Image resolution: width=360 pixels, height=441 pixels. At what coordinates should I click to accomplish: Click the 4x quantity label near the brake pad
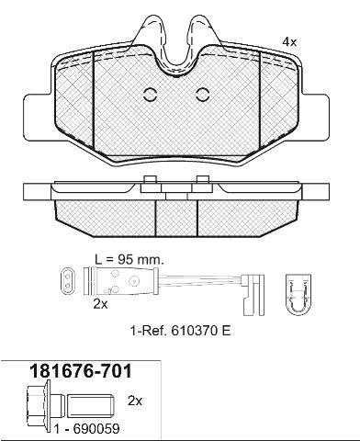point(289,42)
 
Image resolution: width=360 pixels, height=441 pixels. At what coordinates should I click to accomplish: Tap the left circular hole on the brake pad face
point(151,95)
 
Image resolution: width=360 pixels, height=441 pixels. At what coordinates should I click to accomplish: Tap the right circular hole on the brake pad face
point(202,95)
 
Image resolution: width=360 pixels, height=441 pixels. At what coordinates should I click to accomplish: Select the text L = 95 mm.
point(129,260)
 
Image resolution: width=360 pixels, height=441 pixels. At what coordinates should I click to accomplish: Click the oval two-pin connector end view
point(68,282)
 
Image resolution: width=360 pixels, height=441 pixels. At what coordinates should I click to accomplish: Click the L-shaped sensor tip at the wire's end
point(253,295)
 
